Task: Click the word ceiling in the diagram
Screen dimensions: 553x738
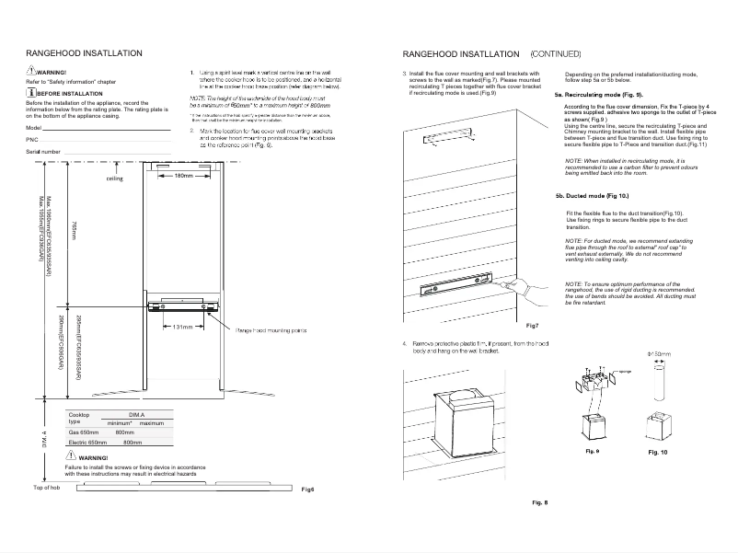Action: [x=114, y=179]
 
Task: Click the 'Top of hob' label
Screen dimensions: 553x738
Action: [x=33, y=487]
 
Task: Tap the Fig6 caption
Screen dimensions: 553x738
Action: [x=308, y=488]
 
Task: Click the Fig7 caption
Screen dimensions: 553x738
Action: [x=532, y=327]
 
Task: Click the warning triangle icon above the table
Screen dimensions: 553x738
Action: [x=71, y=456]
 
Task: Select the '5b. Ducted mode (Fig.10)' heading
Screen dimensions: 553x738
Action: [x=592, y=197]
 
